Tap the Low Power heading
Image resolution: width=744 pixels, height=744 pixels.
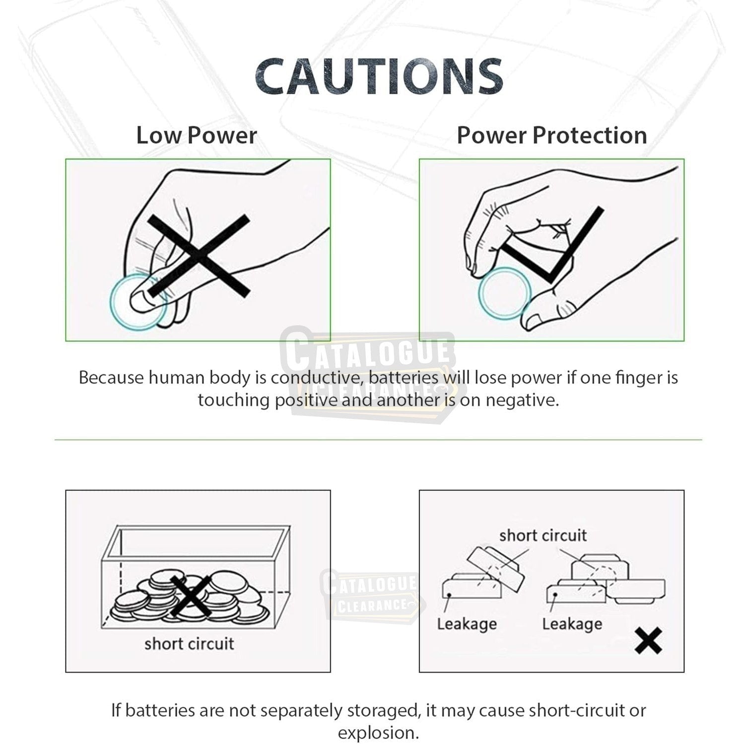click(x=197, y=135)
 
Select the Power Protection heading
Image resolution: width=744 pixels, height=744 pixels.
click(x=551, y=135)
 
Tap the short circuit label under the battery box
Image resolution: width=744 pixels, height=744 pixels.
click(x=189, y=644)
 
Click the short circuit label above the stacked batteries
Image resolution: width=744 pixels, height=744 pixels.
click(x=542, y=535)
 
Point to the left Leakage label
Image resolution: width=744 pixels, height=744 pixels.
click(x=467, y=624)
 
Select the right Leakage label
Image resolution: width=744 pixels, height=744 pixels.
click(x=572, y=624)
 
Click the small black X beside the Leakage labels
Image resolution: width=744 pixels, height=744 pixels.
click(x=648, y=640)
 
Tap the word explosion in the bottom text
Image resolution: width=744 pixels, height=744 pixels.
click(x=377, y=733)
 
